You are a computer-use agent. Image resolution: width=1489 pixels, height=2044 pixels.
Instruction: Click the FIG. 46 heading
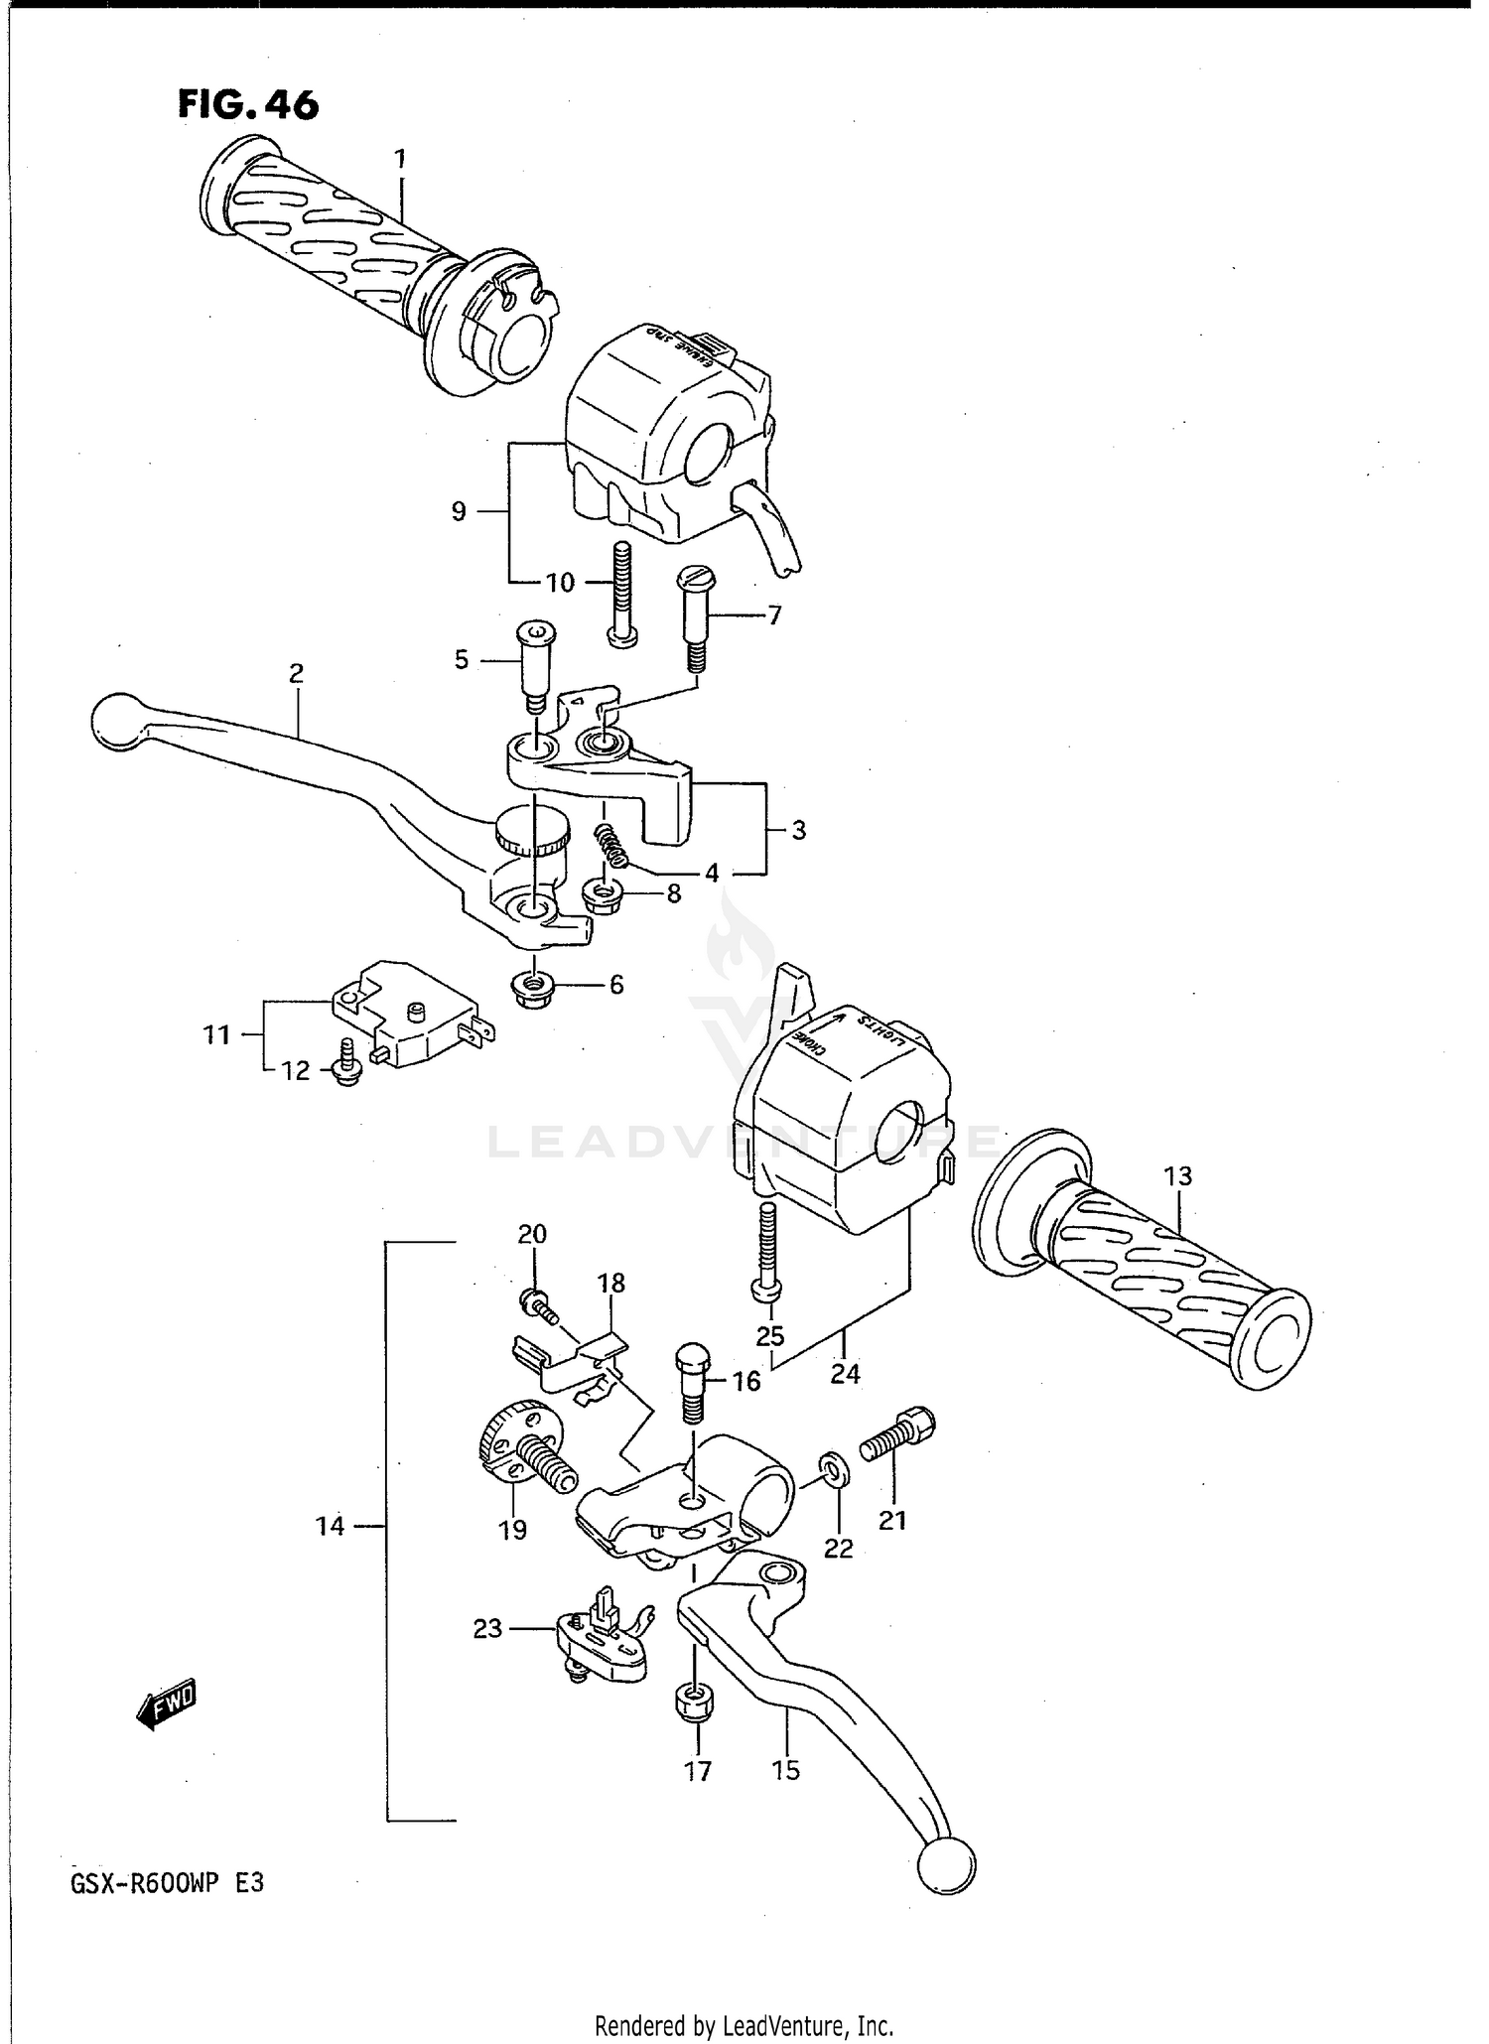pos(248,104)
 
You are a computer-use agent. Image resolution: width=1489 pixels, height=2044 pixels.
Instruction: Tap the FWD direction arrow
pos(167,1705)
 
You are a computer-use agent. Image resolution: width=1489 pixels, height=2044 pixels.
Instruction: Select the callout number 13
pos(1177,1176)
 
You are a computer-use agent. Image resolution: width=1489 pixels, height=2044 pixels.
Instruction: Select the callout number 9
pos(458,511)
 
